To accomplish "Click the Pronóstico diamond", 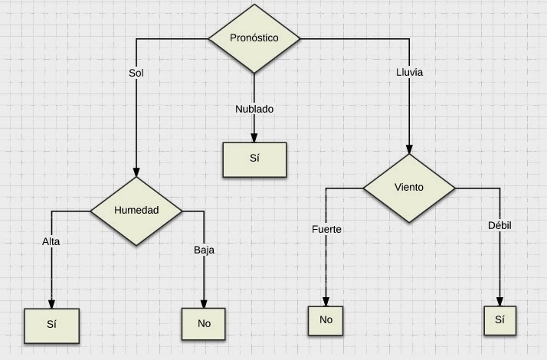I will [x=254, y=38].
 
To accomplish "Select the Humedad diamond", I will [x=136, y=211].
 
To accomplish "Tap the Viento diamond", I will [x=409, y=188].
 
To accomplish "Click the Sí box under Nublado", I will [x=254, y=160].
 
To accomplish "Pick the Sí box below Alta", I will [x=51, y=325].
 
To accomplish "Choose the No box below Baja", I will [x=204, y=323].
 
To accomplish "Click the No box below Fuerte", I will [x=326, y=320].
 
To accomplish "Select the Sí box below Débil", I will [x=500, y=320].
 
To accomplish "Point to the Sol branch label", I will [x=136, y=74].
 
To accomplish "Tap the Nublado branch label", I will [x=254, y=109].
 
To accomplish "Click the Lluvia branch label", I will [x=410, y=73].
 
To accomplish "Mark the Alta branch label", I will [x=51, y=241].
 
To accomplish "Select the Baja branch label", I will [x=204, y=250].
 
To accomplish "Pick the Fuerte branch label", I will [x=326, y=229].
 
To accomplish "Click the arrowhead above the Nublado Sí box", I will [x=254, y=137].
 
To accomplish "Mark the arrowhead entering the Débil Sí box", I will [x=500, y=301].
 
